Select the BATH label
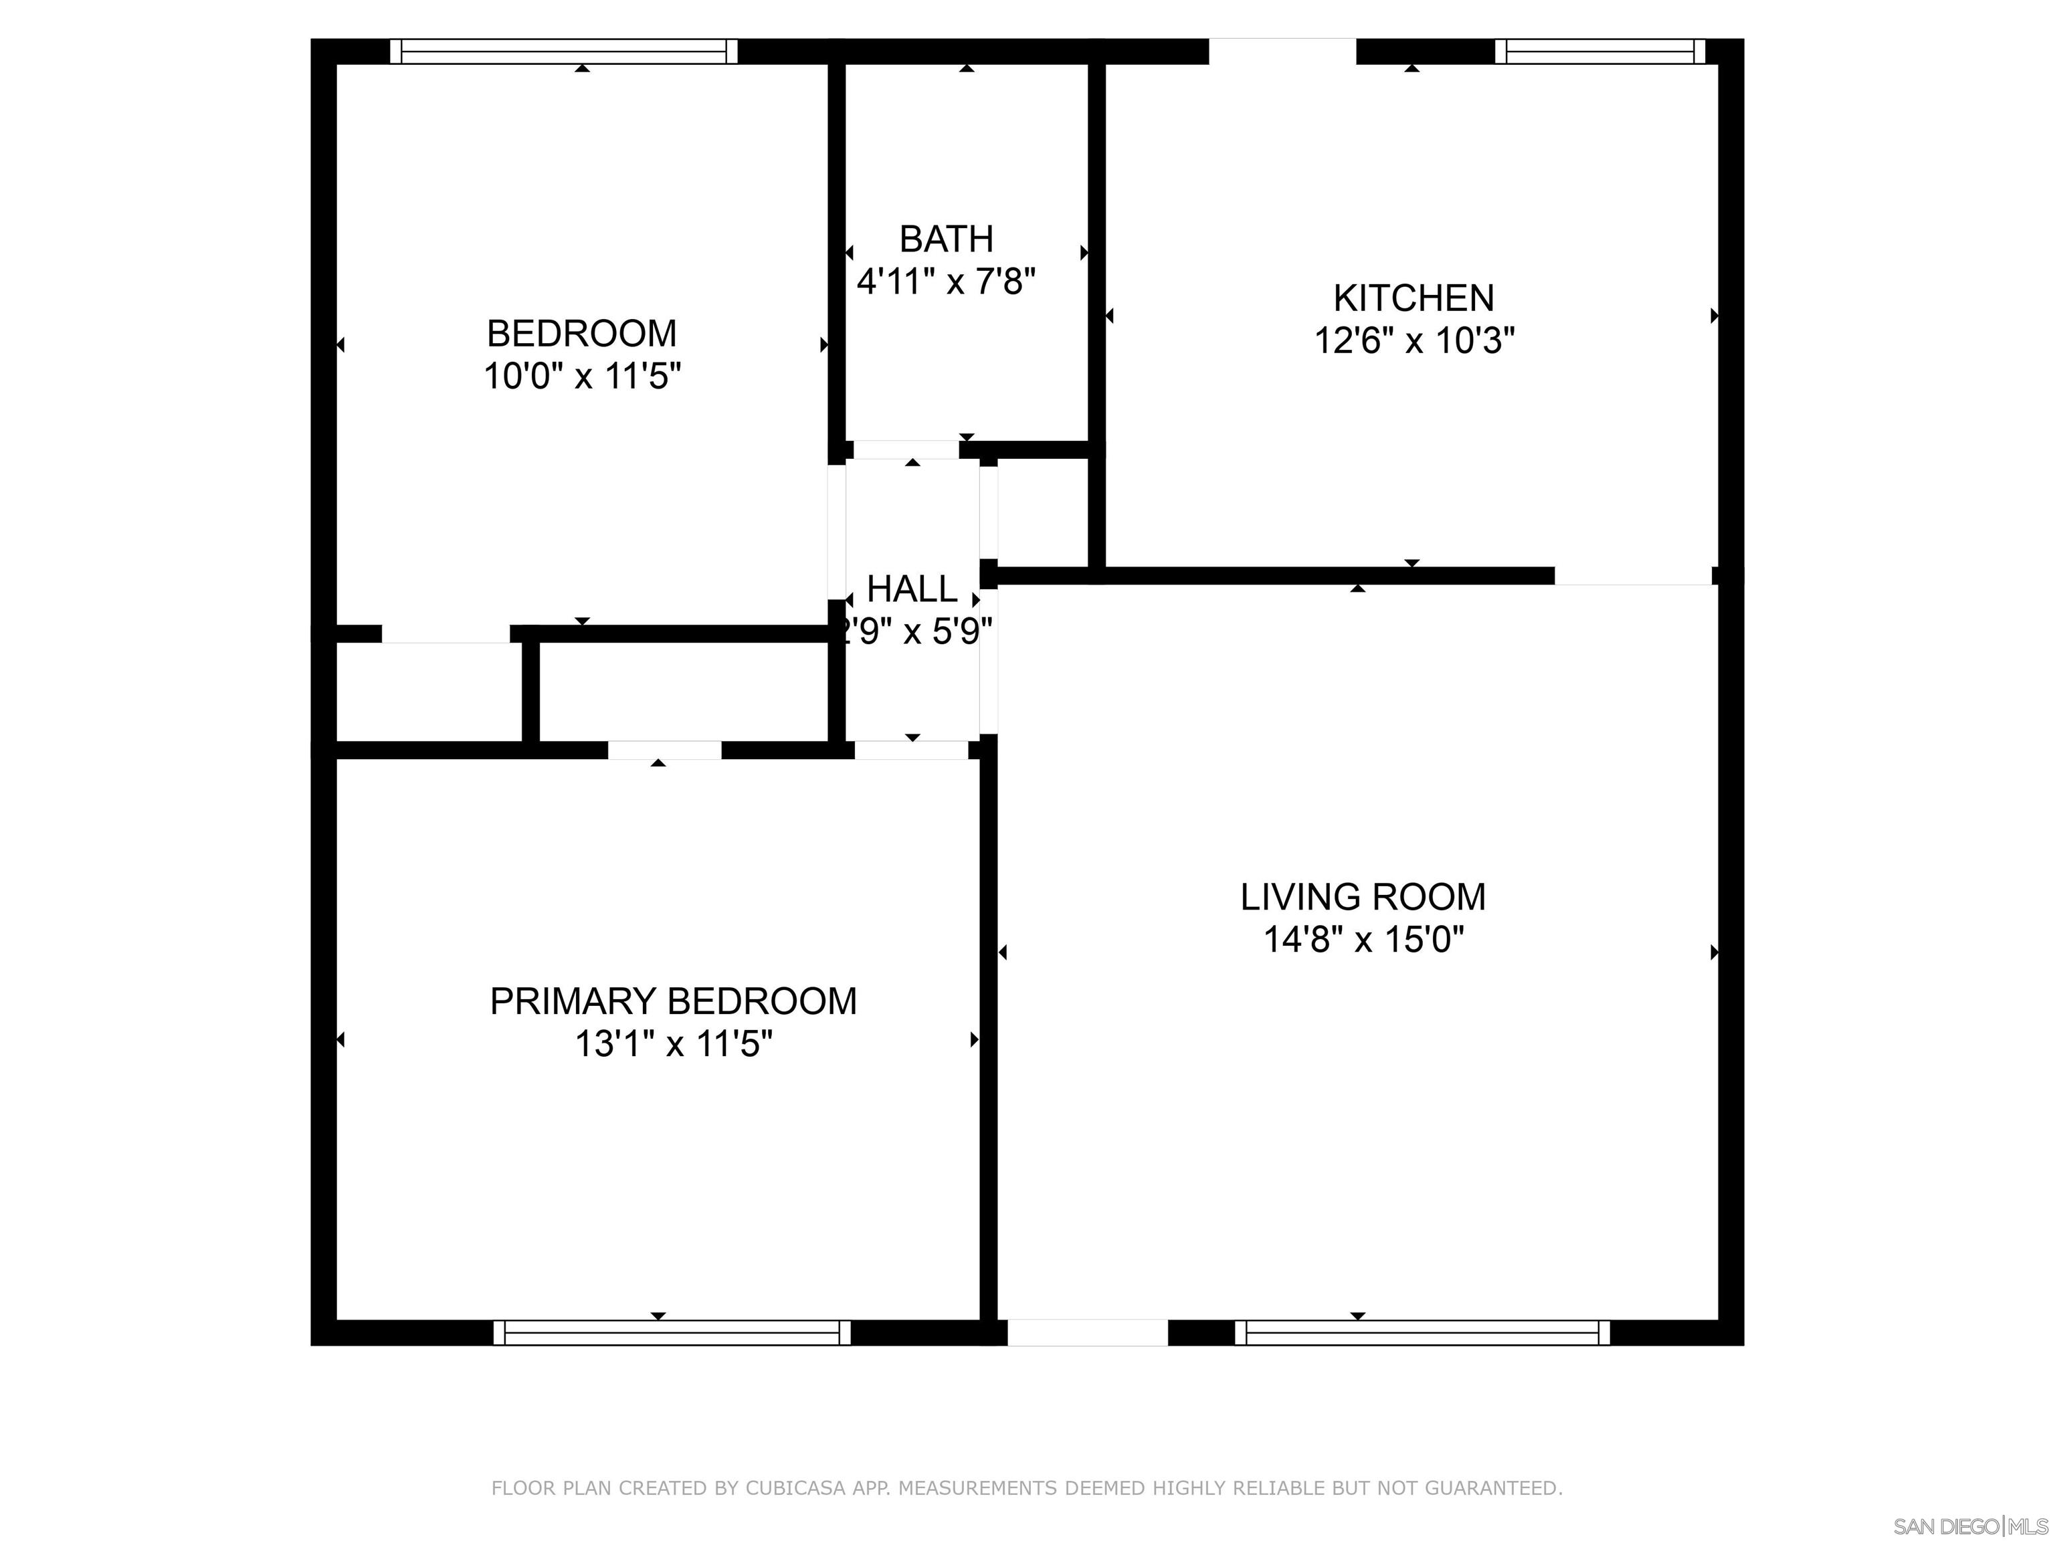(946, 239)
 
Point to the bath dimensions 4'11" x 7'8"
(946, 280)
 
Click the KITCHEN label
(1413, 298)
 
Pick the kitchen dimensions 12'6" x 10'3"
(1413, 341)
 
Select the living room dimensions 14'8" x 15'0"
(1363, 940)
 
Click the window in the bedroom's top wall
(563, 51)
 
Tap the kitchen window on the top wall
(1599, 51)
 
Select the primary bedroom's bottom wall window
(671, 1333)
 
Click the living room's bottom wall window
(1422, 1333)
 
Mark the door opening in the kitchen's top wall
(1282, 51)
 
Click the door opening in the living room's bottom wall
(1087, 1333)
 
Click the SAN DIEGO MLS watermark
(1969, 1526)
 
